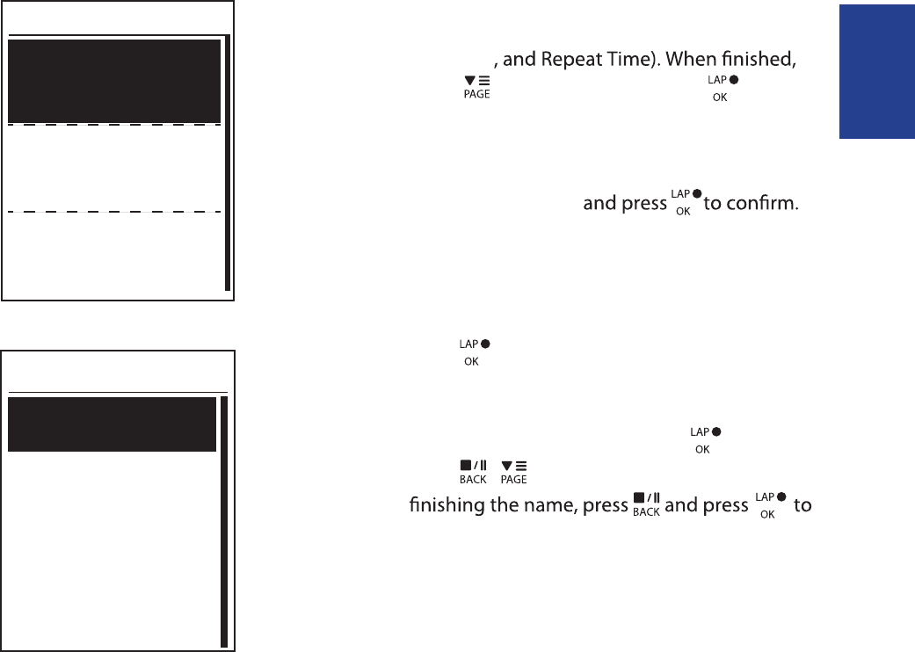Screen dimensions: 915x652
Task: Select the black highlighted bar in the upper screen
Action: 113,81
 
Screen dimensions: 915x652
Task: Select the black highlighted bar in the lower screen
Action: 112,424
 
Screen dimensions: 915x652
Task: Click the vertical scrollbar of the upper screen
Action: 227,163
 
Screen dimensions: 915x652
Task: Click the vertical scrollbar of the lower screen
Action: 224,522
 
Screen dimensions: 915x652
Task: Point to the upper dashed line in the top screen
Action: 113,125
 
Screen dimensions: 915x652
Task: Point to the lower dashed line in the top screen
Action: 113,212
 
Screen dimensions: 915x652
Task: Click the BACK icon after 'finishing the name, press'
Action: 646,508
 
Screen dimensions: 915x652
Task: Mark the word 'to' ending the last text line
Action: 802,508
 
